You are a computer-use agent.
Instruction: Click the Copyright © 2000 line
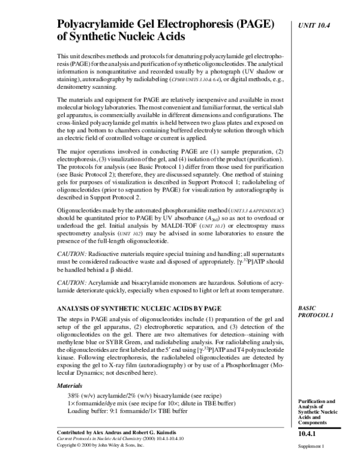coord(100,446)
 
